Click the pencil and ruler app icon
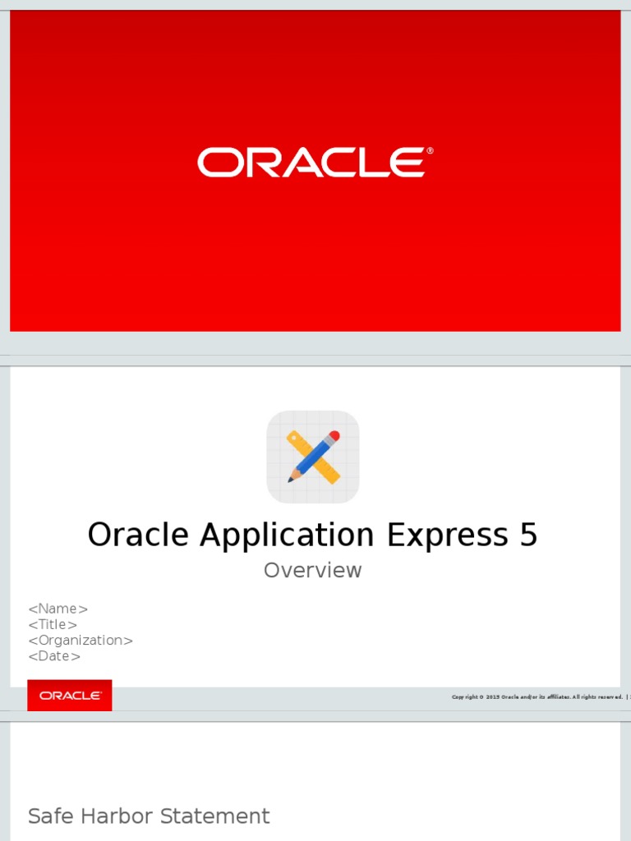tap(313, 457)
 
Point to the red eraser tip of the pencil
tap(334, 436)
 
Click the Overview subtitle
tap(312, 570)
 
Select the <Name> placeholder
tap(58, 609)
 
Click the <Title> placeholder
tap(53, 624)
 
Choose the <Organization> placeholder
tap(81, 640)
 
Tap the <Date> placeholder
tap(54, 656)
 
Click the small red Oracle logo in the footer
tap(70, 695)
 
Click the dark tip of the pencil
tap(290, 479)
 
